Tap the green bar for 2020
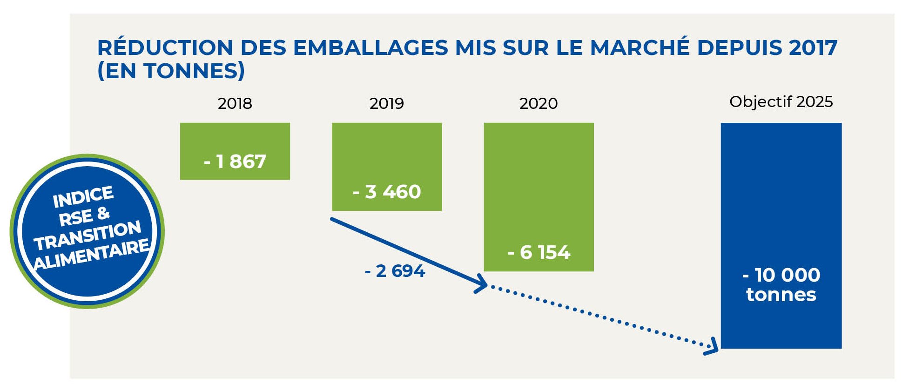coord(539,186)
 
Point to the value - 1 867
coord(235,162)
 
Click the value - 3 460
coord(387,192)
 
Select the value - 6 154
coord(539,252)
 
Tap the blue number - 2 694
coord(395,271)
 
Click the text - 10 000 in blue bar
coord(781,275)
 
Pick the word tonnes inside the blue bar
coord(781,295)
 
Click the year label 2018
coord(235,103)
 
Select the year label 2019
coord(386,103)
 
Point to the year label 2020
coord(539,103)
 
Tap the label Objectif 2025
coord(781,102)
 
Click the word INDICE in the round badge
coord(83,197)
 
